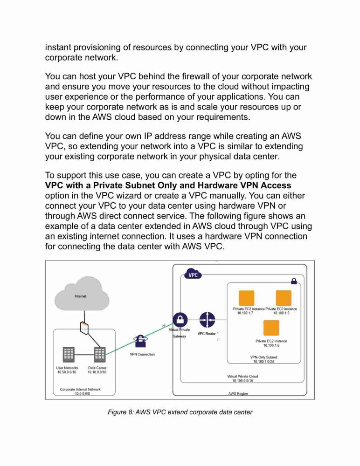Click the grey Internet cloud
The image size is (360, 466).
click(82, 294)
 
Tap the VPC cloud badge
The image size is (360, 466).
click(193, 274)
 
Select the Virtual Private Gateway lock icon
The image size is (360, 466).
click(180, 320)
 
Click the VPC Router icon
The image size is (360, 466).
click(207, 320)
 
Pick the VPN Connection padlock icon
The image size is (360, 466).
click(140, 341)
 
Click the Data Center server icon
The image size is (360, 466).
click(100, 355)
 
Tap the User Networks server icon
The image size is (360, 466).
click(69, 355)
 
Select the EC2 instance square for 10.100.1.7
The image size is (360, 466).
click(246, 298)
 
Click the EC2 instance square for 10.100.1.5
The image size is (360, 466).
click(284, 298)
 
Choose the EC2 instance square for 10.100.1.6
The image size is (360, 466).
click(271, 328)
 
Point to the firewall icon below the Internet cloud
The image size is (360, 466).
click(84, 328)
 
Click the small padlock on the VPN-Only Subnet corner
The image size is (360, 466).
click(294, 281)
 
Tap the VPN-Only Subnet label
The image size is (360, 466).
click(263, 357)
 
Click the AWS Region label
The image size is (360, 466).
click(238, 393)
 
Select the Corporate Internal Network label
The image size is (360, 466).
click(80, 389)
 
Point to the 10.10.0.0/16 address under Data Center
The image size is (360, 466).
click(97, 372)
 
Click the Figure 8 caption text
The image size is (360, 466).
click(180, 412)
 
